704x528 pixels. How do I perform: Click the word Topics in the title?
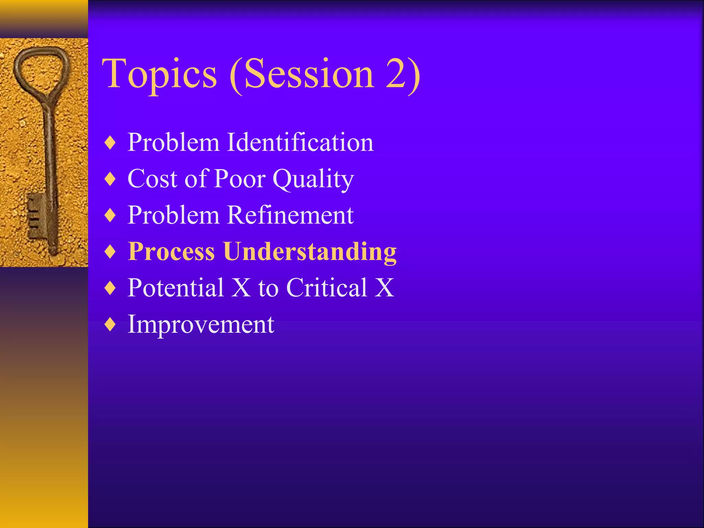click(x=159, y=74)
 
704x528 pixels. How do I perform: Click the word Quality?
click(x=313, y=179)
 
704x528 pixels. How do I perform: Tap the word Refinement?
click(x=290, y=215)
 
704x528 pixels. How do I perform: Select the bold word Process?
click(x=171, y=251)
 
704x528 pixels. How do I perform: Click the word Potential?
click(x=176, y=287)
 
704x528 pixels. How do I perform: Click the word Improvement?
click(x=201, y=324)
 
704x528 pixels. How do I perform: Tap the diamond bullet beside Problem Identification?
click(x=110, y=143)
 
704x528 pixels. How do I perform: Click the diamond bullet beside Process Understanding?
click(x=110, y=251)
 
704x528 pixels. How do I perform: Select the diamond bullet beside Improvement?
click(x=110, y=324)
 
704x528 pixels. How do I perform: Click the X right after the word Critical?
click(x=384, y=287)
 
